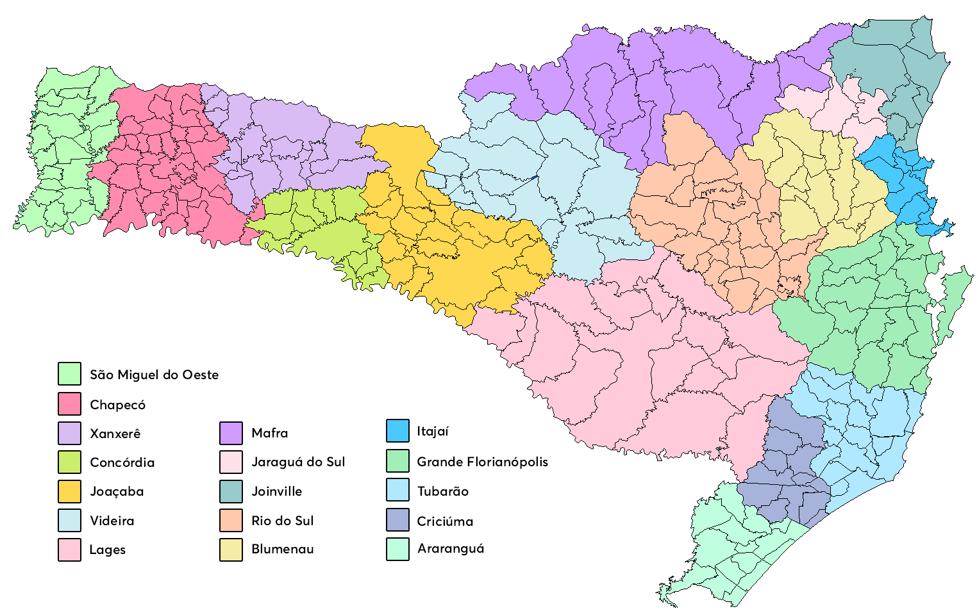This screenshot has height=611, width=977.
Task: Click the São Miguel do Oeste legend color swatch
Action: pyautogui.click(x=69, y=374)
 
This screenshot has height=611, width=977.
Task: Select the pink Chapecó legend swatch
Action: pyautogui.click(x=69, y=404)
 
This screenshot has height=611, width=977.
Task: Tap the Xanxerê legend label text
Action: pyautogui.click(x=115, y=434)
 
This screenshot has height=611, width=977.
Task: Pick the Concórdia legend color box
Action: pyautogui.click(x=69, y=462)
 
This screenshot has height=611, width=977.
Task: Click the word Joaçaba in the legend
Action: pyautogui.click(x=117, y=492)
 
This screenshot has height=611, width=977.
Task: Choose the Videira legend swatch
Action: pyautogui.click(x=69, y=521)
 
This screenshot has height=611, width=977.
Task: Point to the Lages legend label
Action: pyautogui.click(x=107, y=550)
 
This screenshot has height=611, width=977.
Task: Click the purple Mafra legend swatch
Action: pyautogui.click(x=231, y=433)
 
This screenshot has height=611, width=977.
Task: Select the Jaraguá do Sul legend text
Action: pyautogui.click(x=298, y=462)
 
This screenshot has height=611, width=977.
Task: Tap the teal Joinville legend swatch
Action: pyautogui.click(x=231, y=491)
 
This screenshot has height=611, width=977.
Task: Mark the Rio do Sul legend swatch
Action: pyautogui.click(x=231, y=521)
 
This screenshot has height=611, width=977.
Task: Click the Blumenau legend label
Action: pyautogui.click(x=283, y=549)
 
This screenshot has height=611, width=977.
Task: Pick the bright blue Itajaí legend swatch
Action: pyautogui.click(x=397, y=431)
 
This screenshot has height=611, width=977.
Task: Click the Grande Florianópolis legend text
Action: pyautogui.click(x=482, y=462)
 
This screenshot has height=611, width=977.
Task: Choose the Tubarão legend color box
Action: pyautogui.click(x=397, y=490)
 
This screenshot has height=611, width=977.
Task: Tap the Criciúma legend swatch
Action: pyautogui.click(x=397, y=520)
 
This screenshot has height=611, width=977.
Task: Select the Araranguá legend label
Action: pyautogui.click(x=451, y=548)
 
